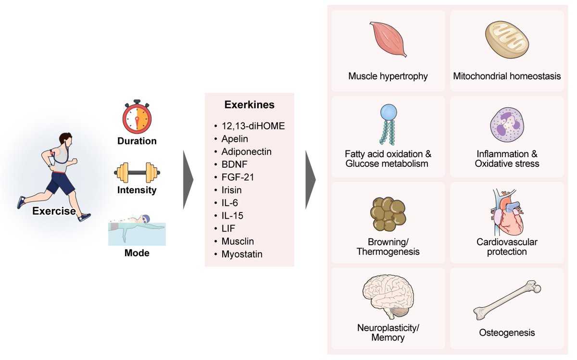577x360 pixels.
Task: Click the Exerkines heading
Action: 250,105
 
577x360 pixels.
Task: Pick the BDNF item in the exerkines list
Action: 235,164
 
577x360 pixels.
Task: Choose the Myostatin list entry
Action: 242,254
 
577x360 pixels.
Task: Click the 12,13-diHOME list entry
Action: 253,126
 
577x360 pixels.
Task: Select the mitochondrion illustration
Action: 507,41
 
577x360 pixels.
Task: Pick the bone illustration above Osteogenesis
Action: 507,300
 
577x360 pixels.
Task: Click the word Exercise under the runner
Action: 54,211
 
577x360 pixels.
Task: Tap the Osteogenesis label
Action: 507,332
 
